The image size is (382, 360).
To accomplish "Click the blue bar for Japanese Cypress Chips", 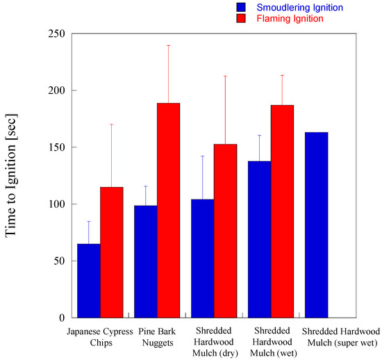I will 88,281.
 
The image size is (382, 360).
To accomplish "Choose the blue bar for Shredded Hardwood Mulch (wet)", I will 259,239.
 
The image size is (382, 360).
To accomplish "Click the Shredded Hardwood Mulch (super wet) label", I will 341,336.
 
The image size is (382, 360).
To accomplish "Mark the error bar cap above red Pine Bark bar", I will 168,45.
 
